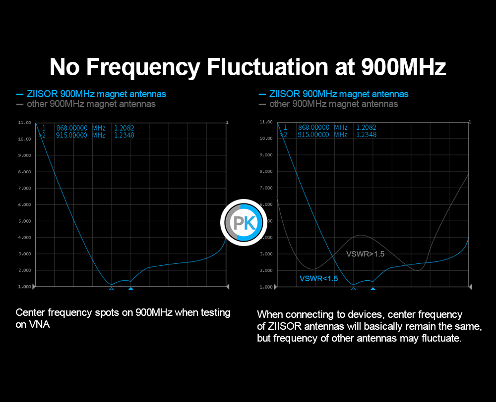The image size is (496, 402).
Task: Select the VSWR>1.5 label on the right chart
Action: coord(365,254)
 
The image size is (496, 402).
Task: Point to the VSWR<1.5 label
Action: coord(318,278)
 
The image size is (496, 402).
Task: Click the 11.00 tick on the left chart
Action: coord(25,122)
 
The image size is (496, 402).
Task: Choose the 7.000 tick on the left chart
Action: coord(25,188)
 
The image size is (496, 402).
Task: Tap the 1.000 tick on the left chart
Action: coord(25,287)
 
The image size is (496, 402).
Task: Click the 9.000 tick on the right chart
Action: coord(266,155)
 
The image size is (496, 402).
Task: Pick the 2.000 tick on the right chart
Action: coord(266,270)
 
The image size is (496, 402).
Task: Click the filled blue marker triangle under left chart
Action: coord(130,288)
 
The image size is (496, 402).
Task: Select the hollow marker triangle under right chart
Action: coord(353,288)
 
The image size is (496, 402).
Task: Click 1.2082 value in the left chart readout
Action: coord(124,128)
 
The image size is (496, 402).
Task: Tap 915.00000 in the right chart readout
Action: coord(313,134)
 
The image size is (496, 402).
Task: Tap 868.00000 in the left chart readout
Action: coord(71,128)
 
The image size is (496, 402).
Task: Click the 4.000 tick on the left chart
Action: coord(25,238)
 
